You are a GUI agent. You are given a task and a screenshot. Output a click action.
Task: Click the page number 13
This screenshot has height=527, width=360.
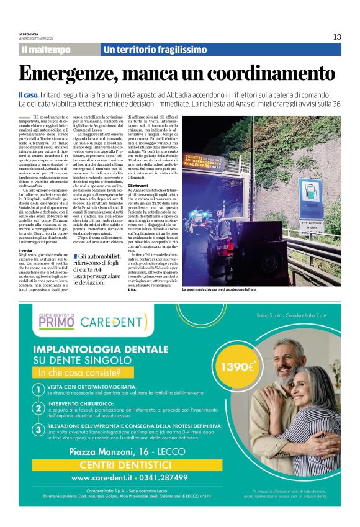336,37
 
